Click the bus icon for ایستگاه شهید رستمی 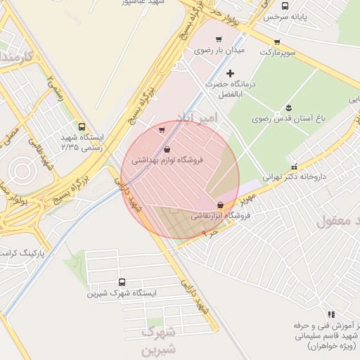coord(82,127)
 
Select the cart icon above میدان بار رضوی coord(219,39)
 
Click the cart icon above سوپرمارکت coord(277,42)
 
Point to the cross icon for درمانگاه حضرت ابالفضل coord(230,73)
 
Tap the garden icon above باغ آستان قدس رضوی coord(288,108)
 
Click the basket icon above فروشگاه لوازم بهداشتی coord(167,149)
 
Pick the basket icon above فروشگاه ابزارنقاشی coord(220,205)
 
